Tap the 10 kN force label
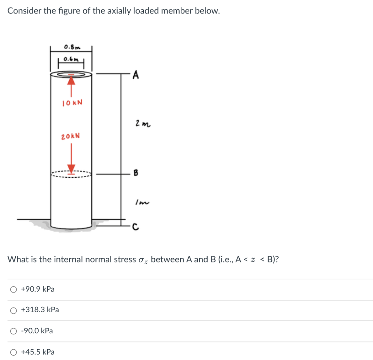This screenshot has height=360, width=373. click(x=72, y=102)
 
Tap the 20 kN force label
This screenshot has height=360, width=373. click(x=71, y=136)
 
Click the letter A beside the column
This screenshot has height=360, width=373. click(x=136, y=76)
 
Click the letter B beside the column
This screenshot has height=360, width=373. click(x=136, y=174)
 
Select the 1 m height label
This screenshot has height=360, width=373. click(x=140, y=202)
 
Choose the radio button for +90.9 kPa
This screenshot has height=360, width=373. click(x=13, y=290)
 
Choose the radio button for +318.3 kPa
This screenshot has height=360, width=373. click(x=13, y=310)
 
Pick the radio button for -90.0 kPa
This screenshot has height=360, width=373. click(x=13, y=331)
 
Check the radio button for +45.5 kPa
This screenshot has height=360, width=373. click(x=13, y=352)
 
